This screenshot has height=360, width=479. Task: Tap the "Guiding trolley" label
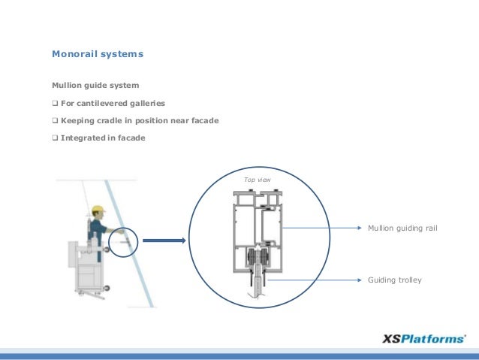[394, 280]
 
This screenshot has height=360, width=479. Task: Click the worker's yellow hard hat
[98, 210]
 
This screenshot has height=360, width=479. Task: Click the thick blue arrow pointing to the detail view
[162, 241]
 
